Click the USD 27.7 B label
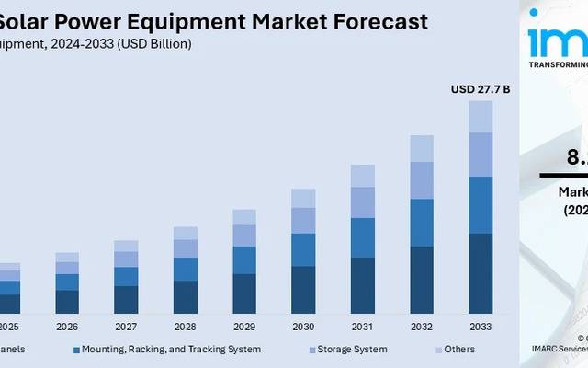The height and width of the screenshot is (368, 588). click(480, 89)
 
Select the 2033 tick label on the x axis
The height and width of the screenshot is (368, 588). click(480, 328)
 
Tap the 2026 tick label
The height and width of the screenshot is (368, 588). click(67, 328)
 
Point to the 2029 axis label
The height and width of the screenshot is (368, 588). click(243, 328)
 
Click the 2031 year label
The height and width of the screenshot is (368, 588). click(362, 328)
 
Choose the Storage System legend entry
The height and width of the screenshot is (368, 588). click(352, 350)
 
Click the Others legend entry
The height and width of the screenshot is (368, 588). click(459, 350)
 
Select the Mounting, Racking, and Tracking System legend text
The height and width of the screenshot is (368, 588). click(171, 350)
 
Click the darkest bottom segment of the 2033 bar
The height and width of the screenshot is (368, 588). click(481, 274)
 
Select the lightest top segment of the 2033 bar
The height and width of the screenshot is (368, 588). click(481, 116)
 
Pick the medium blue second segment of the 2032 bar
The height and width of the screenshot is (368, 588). click(422, 223)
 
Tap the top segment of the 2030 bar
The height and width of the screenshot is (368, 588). click(303, 198)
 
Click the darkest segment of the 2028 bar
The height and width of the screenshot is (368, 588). click(185, 297)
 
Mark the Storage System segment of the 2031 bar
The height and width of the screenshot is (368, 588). click(362, 202)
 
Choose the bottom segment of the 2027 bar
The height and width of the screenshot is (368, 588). click(126, 300)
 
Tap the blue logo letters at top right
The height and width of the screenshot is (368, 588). click(556, 41)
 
